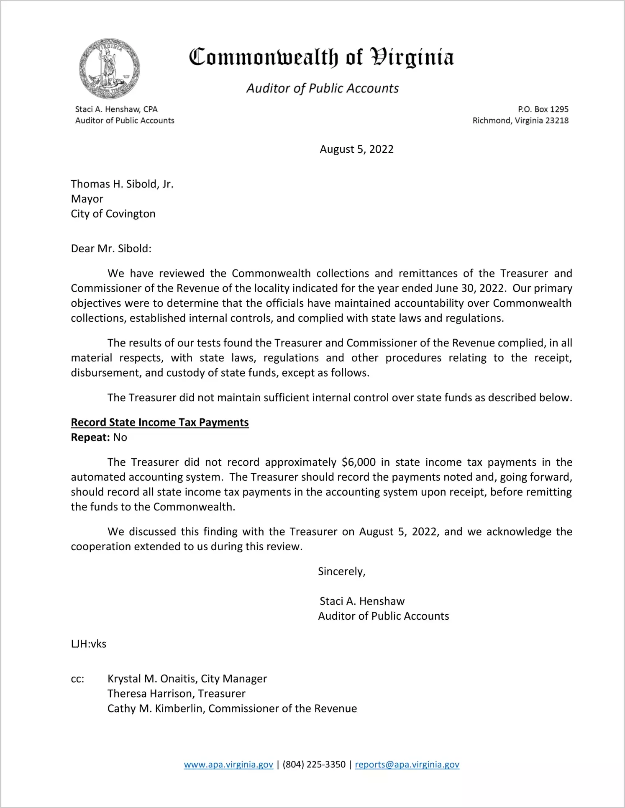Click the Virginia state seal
(109, 69)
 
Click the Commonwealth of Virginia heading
(321, 57)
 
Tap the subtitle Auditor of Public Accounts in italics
(322, 88)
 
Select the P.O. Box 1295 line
(543, 109)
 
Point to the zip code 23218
(557, 121)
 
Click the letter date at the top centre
(356, 149)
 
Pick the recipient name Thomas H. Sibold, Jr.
(122, 184)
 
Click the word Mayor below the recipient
(87, 199)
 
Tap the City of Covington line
(113, 214)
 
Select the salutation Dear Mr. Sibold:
(111, 249)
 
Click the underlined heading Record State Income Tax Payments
(160, 422)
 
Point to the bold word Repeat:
(90, 437)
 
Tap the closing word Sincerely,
(341, 572)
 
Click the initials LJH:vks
(88, 644)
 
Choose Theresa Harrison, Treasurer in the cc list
(176, 693)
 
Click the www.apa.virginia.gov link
(228, 764)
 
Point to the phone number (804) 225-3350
(314, 764)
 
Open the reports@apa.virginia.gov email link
(407, 764)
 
